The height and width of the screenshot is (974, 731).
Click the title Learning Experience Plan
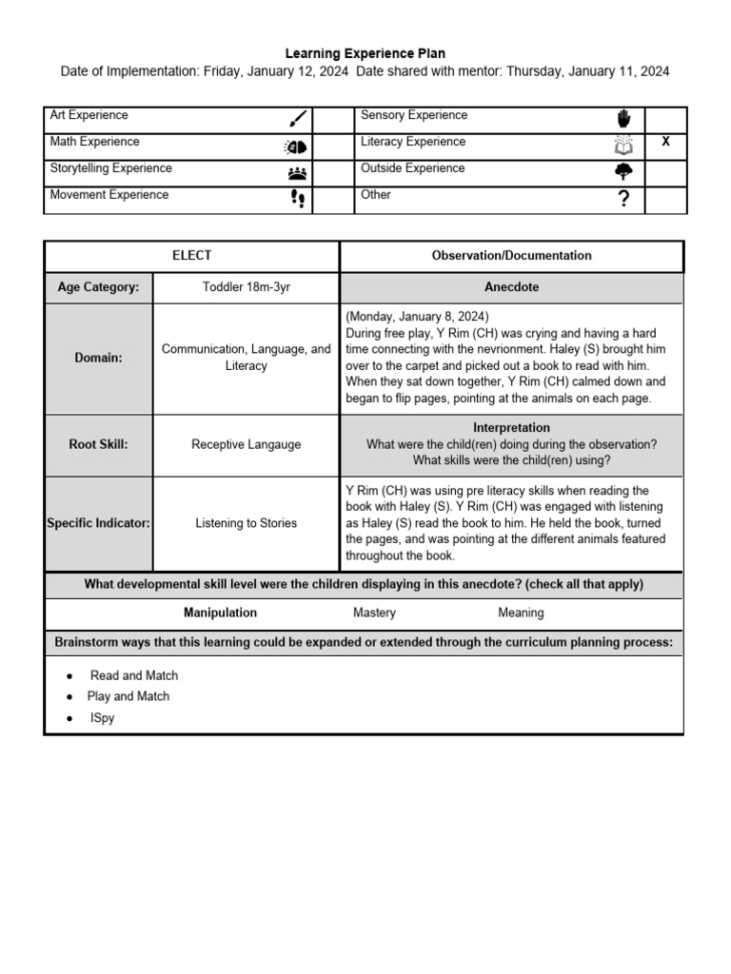[x=365, y=54]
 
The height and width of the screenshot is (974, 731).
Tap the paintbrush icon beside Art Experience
[x=298, y=119]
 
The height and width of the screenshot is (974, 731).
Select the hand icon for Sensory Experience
[x=624, y=118]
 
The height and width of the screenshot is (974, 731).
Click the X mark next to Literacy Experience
[x=665, y=142]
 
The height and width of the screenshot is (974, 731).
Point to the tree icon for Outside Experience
[x=624, y=171]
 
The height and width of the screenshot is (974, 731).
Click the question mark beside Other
[x=624, y=199]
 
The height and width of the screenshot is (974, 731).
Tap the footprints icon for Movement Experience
[x=298, y=199]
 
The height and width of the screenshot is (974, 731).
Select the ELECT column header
[x=191, y=256]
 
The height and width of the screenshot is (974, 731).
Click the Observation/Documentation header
[x=511, y=256]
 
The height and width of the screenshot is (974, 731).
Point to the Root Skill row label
[x=98, y=443]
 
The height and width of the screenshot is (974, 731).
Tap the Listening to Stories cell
[x=246, y=523]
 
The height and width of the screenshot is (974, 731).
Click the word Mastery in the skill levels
[x=374, y=614]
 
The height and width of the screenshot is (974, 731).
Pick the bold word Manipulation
[x=221, y=614]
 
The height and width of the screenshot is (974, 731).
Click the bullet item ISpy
[x=101, y=718]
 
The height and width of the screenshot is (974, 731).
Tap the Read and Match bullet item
[x=134, y=675]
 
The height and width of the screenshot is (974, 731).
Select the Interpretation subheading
[x=511, y=428]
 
